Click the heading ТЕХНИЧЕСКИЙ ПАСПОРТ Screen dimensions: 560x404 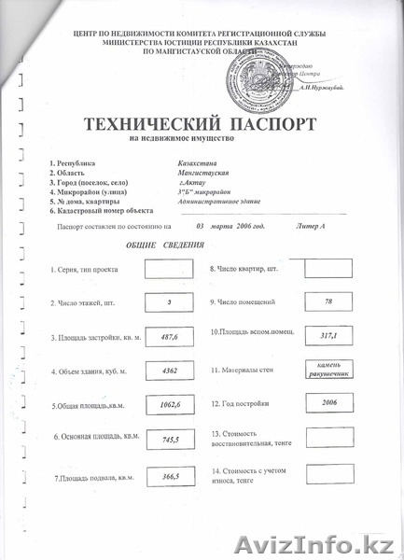click(x=202, y=124)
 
